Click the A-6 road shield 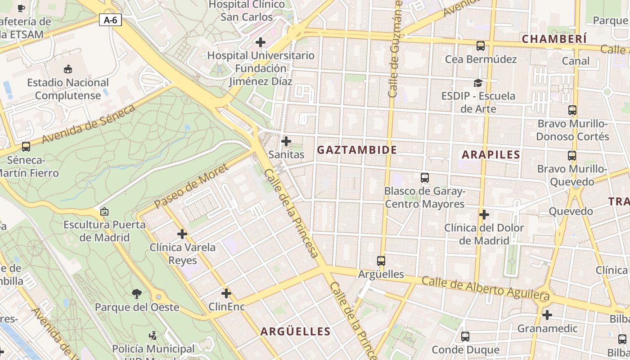pos(110,20)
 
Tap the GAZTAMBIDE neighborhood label pos(357,150)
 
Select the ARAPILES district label pos(491,154)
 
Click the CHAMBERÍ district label pos(554,39)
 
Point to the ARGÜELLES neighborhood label pos(296,332)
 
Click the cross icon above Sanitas pos(286,141)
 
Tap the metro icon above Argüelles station pos(381,261)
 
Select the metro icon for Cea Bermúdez pos(481,45)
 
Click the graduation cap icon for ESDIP pos(478,83)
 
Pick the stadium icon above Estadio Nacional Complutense pos(68,69)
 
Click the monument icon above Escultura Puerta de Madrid pos(104,211)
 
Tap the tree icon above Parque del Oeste pos(137,294)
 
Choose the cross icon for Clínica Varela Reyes pos(182,234)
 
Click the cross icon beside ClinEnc pos(226,293)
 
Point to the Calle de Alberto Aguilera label pos(486,288)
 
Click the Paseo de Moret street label pos(191,186)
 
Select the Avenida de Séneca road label pos(89,124)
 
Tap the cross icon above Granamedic pos(547,315)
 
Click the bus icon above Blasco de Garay pos(425,177)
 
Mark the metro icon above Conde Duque pos(465,336)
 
